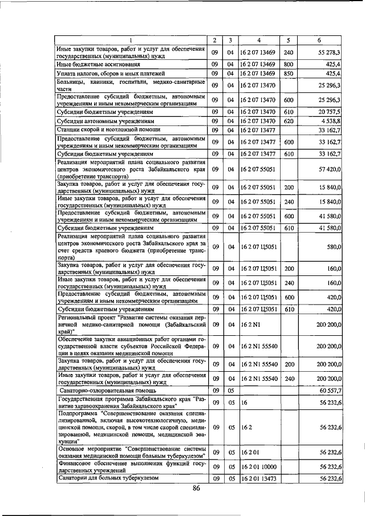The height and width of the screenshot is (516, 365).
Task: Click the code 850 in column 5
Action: pos(288,74)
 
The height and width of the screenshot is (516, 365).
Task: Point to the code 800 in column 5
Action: pos(288,65)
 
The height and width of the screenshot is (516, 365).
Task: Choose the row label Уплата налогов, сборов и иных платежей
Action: pos(111,74)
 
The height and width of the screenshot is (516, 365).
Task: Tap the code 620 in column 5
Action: pos(288,121)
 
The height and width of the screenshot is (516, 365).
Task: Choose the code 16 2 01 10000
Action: pos(258,466)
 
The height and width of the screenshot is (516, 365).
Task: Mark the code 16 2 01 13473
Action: pos(258,478)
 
